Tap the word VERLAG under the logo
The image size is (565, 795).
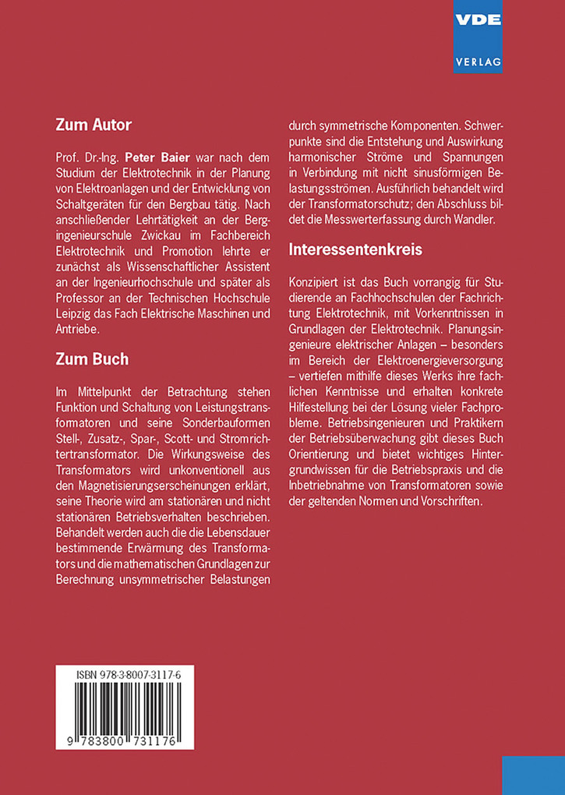pyautogui.click(x=478, y=60)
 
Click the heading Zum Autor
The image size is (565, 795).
pyautogui.click(x=94, y=125)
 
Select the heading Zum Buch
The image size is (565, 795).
pyautogui.click(x=92, y=359)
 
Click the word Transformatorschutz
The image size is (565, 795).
pyautogui.click(x=381, y=205)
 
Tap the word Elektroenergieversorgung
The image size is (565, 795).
pyautogui.click(x=420, y=362)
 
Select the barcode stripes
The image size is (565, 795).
pyautogui.click(x=125, y=711)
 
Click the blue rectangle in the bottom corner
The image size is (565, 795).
pyautogui.click(x=533, y=775)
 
